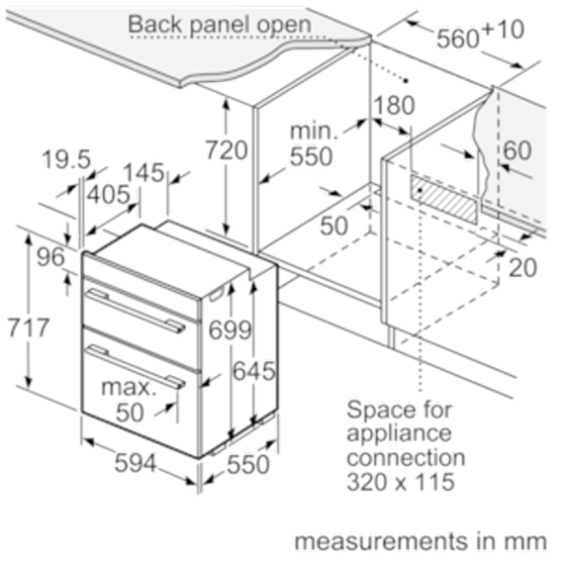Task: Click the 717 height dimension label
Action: tap(29, 327)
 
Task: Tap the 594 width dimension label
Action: tap(136, 463)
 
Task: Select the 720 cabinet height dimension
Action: tap(227, 150)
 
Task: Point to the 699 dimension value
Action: tap(230, 329)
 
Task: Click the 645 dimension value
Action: tap(254, 371)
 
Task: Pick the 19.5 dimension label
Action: tap(66, 159)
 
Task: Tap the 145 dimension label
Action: tap(144, 172)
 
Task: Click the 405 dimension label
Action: tap(109, 194)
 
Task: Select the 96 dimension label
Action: tap(50, 257)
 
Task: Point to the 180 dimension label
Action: tap(394, 105)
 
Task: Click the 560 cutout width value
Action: tap(458, 39)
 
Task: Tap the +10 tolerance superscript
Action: tap(503, 30)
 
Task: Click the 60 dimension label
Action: tap(518, 150)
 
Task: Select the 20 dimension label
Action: tap(522, 268)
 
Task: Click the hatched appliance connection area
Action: tap(444, 199)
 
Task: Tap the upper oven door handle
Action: tap(136, 311)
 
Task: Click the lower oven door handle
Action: tap(136, 366)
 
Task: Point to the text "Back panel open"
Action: tap(220, 25)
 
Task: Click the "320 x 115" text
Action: tap(401, 482)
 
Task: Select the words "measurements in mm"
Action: tap(421, 541)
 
